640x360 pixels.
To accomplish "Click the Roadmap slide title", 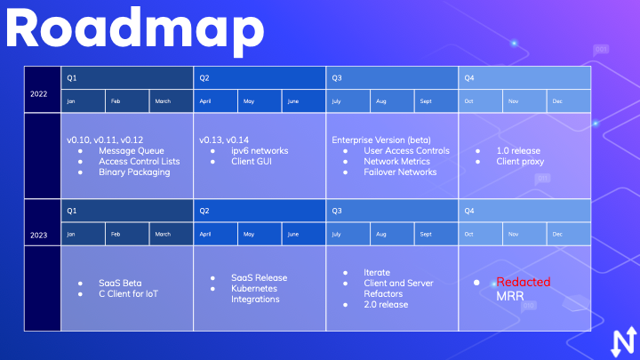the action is (135, 29).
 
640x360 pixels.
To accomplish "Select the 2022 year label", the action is (39, 94).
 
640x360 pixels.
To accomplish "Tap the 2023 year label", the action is (39, 235).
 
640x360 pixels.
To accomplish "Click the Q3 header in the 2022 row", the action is (337, 78).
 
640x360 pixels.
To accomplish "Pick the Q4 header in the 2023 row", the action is (469, 211).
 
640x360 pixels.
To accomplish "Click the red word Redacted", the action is (524, 282).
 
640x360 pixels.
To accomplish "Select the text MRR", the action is (510, 296).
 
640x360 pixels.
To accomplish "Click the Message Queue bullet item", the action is (131, 150).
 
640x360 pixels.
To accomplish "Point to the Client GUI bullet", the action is (252, 161).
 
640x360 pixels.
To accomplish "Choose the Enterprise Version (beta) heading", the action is (381, 140).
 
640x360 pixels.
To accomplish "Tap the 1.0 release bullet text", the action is (518, 150).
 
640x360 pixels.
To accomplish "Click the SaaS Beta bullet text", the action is (120, 283).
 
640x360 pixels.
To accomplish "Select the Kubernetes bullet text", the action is (254, 288).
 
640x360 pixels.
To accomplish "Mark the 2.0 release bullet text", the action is (386, 305).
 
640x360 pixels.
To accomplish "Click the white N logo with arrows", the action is (624, 342).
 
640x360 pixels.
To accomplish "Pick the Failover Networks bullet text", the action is (400, 172).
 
